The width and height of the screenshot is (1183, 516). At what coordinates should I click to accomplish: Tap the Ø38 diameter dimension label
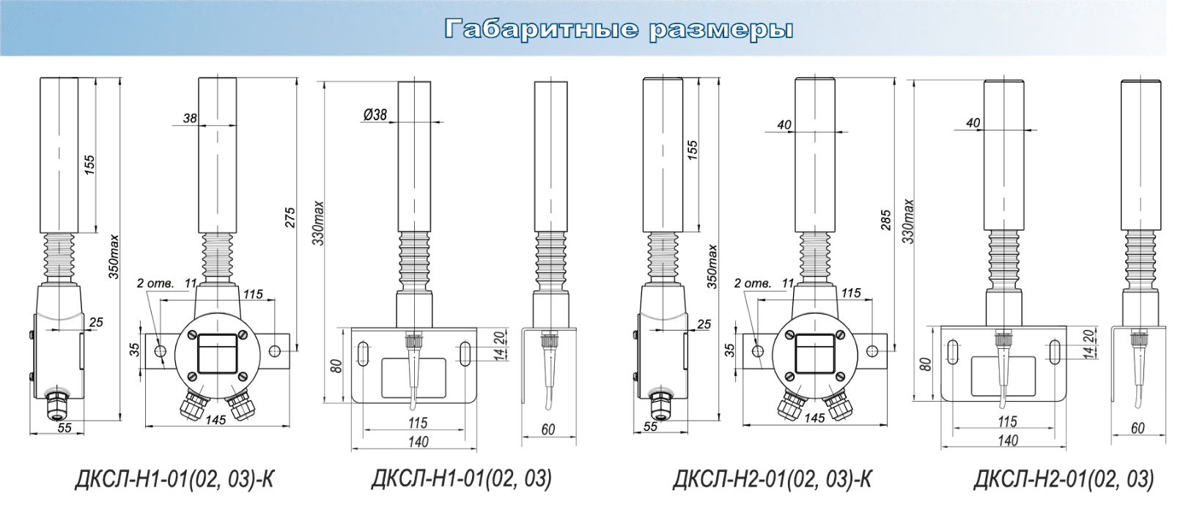point(375,114)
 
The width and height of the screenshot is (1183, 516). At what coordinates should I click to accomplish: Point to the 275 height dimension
point(290,218)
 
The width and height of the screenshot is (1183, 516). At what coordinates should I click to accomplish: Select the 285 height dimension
point(886,220)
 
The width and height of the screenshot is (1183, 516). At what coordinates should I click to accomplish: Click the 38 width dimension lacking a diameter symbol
point(190,118)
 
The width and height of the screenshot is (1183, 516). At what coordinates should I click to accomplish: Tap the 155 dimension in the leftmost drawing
point(89,166)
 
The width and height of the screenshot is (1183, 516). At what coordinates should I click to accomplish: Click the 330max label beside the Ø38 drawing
point(318,223)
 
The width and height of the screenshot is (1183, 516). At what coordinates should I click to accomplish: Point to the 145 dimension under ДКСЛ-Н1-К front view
point(215,420)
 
